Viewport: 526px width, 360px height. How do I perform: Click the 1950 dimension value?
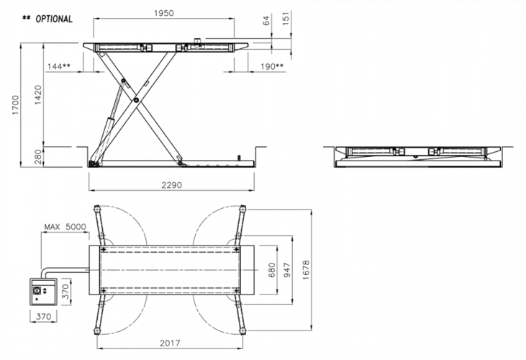click(164, 13)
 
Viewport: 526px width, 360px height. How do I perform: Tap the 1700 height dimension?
click(16, 105)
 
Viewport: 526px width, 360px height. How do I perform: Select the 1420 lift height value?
click(38, 94)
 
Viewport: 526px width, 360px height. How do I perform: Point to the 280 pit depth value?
click(38, 157)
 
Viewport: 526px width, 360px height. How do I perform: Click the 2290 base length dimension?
click(171, 185)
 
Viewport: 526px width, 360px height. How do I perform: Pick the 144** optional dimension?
click(59, 66)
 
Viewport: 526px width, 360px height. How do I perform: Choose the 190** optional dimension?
click(272, 66)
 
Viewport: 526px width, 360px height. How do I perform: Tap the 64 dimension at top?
click(266, 20)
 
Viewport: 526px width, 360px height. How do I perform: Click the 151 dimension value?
click(286, 19)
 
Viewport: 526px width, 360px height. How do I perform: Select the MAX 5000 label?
click(65, 227)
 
